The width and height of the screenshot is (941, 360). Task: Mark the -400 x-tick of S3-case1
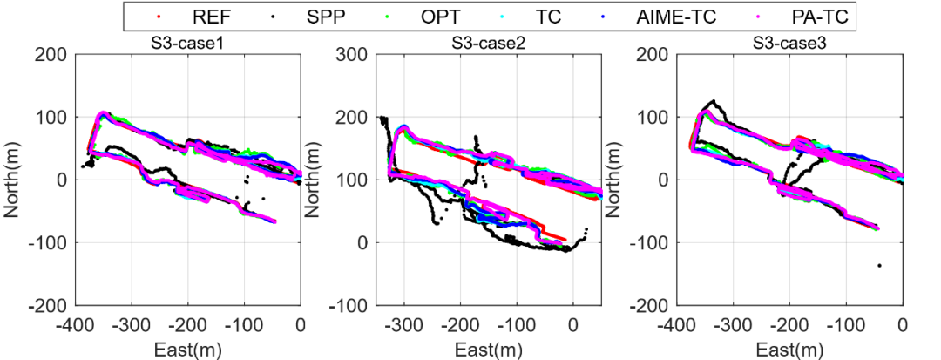pyautogui.click(x=74, y=323)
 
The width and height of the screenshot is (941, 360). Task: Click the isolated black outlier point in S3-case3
pyautogui.click(x=880, y=265)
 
